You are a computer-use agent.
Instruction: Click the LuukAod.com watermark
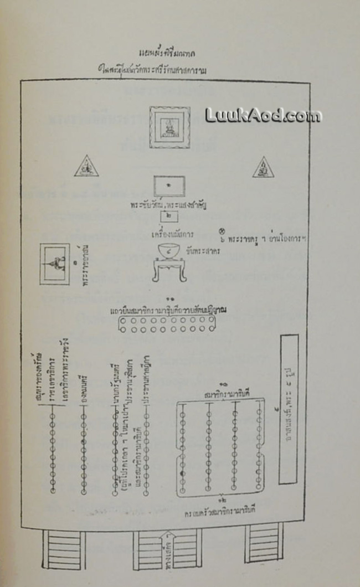click(x=263, y=115)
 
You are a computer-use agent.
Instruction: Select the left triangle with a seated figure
click(x=86, y=167)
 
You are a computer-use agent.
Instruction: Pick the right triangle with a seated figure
click(x=263, y=167)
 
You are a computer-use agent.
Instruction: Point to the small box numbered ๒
click(x=168, y=217)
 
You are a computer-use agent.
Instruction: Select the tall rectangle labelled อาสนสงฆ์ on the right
click(x=289, y=409)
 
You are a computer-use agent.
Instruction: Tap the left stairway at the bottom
click(x=65, y=549)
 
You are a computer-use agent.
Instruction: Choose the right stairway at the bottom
click(x=264, y=543)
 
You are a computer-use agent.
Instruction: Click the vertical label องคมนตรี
click(x=85, y=380)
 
